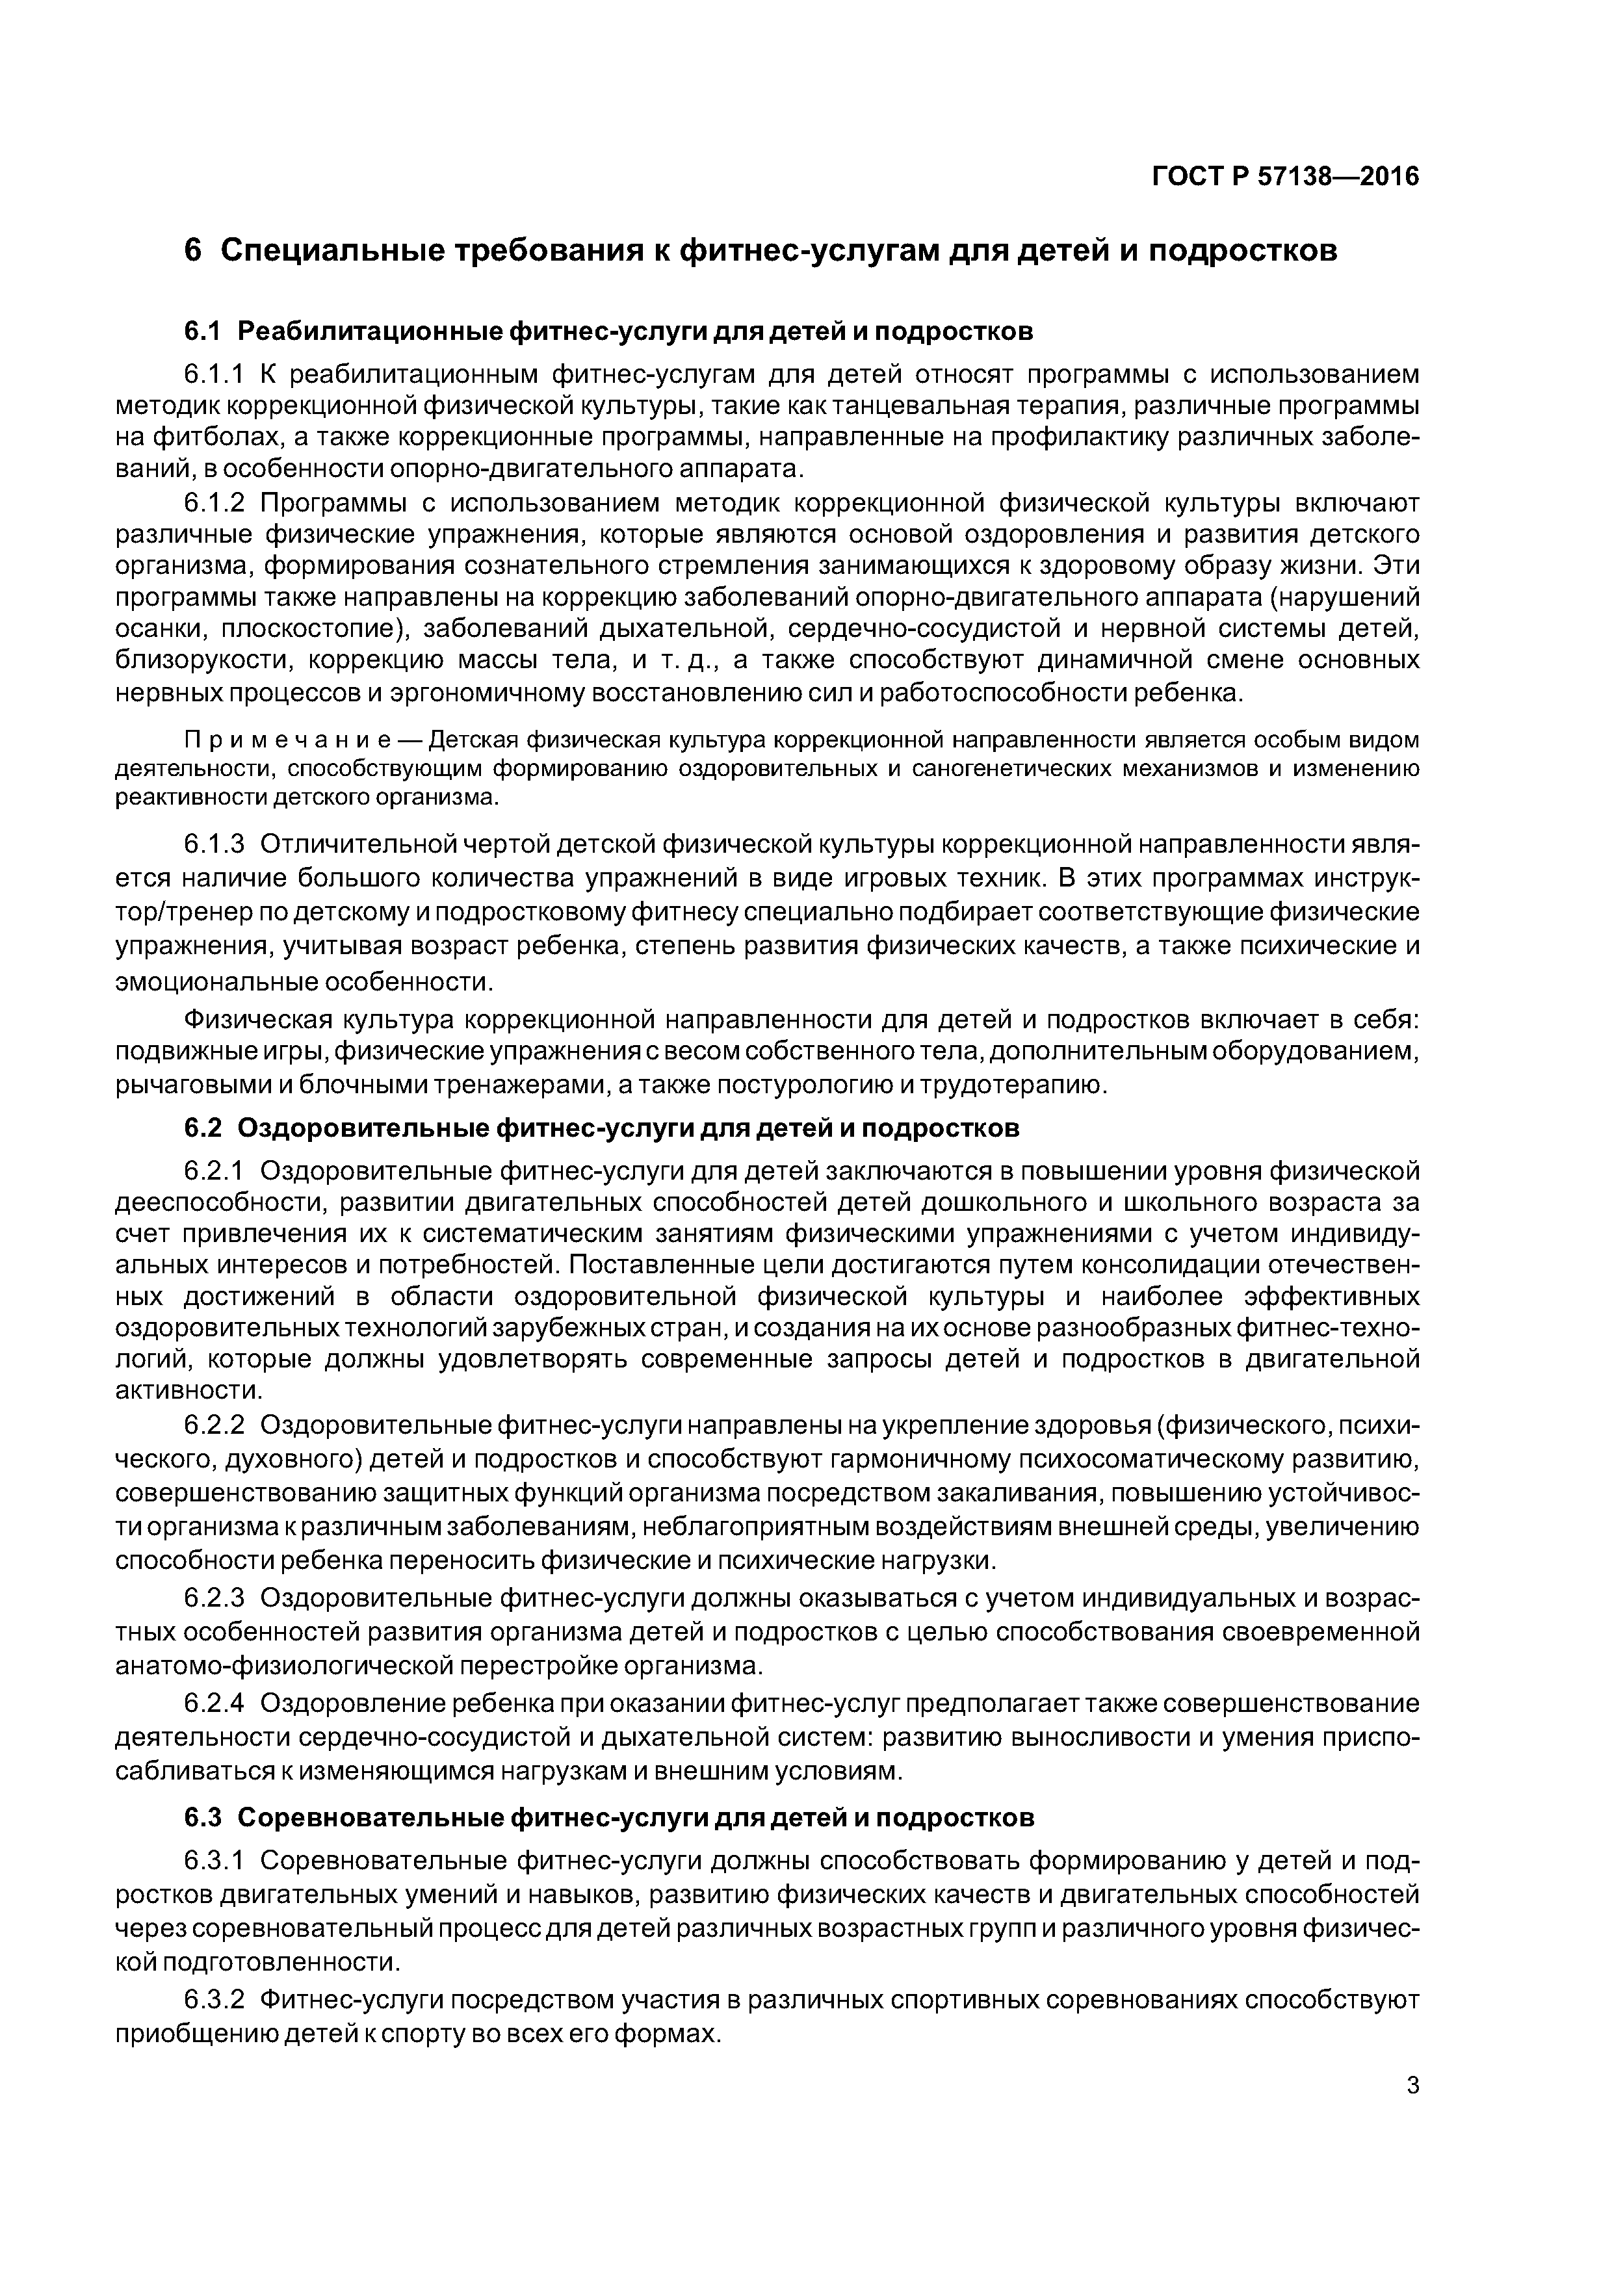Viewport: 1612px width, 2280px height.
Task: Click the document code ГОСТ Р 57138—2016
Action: tap(1284, 177)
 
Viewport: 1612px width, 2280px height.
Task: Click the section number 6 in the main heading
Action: tap(194, 252)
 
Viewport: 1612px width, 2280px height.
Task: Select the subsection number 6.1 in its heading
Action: tap(205, 331)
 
